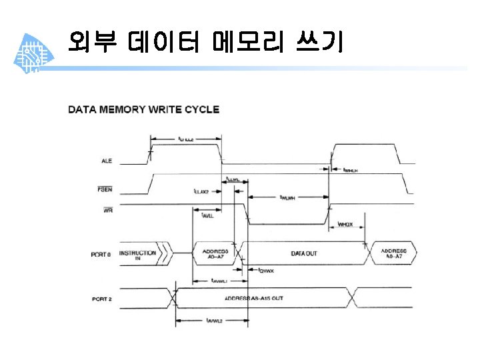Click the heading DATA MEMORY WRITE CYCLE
143,109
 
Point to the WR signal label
107,211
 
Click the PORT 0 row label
101,254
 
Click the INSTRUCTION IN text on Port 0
139,255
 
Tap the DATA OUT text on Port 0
304,254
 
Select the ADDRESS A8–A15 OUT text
253,298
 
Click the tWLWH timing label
288,197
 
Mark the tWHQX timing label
345,225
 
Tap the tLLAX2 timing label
201,191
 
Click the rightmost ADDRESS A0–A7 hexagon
395,254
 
